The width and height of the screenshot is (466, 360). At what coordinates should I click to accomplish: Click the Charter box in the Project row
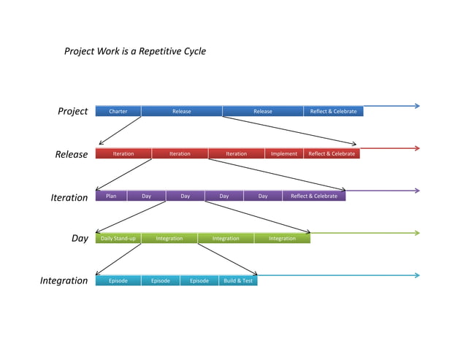[118, 111]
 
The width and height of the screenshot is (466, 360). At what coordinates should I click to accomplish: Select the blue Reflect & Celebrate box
[333, 111]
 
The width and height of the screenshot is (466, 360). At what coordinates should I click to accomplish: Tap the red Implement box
[284, 153]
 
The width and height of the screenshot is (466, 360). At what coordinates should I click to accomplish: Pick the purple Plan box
[111, 196]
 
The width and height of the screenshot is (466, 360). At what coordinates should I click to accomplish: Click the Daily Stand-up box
[118, 238]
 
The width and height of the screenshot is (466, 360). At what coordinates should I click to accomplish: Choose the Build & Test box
[238, 280]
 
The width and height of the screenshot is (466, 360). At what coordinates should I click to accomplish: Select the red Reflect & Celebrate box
[332, 153]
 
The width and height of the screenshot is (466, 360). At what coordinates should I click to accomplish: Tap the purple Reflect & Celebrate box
[314, 196]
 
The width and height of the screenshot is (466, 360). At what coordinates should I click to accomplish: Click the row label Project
[72, 112]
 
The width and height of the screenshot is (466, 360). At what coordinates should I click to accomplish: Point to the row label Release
[71, 155]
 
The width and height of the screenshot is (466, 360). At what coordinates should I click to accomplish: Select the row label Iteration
[69, 198]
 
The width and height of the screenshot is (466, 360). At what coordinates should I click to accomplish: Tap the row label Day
[80, 239]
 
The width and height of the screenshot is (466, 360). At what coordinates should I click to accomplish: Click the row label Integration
[64, 281]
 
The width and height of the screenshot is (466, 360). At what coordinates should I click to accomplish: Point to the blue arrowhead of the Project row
[416, 106]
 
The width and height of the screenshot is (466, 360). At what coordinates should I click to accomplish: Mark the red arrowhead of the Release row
[416, 148]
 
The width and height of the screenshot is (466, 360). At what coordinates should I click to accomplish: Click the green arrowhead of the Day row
[416, 233]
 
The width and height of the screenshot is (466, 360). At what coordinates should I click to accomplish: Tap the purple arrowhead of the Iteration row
[416, 191]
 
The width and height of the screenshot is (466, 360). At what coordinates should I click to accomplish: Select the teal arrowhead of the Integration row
[416, 275]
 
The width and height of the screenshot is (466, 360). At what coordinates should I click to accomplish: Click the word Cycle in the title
[194, 51]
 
